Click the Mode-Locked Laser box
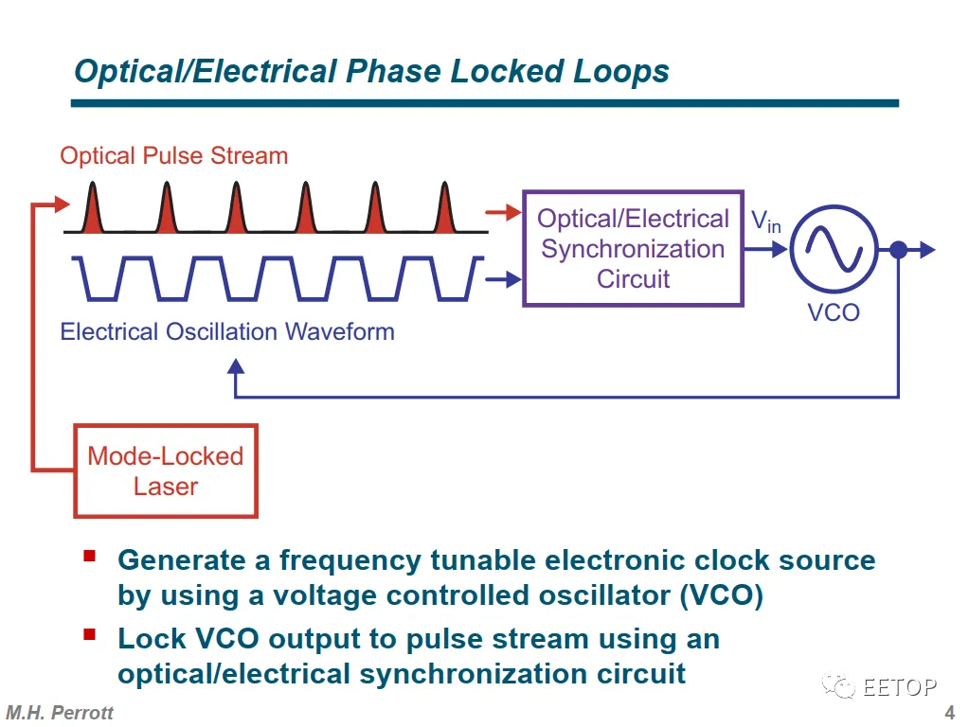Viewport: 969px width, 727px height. pyautogui.click(x=166, y=470)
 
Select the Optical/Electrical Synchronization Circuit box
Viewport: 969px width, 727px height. pyautogui.click(x=633, y=249)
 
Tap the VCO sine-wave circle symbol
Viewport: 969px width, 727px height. pyautogui.click(x=834, y=249)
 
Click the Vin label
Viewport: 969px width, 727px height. pyautogui.click(x=765, y=222)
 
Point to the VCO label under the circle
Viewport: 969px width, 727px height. pyautogui.click(x=834, y=312)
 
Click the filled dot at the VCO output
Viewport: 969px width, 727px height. pyautogui.click(x=898, y=250)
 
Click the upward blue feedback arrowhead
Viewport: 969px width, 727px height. pyautogui.click(x=235, y=367)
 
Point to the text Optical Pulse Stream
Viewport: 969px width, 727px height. pyautogui.click(x=173, y=155)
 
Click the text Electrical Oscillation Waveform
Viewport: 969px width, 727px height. pyautogui.click(x=227, y=331)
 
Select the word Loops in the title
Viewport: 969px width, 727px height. pyautogui.click(x=621, y=71)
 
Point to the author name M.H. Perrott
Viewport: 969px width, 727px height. pyautogui.click(x=60, y=713)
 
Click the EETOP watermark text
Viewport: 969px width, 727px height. pyautogui.click(x=899, y=687)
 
